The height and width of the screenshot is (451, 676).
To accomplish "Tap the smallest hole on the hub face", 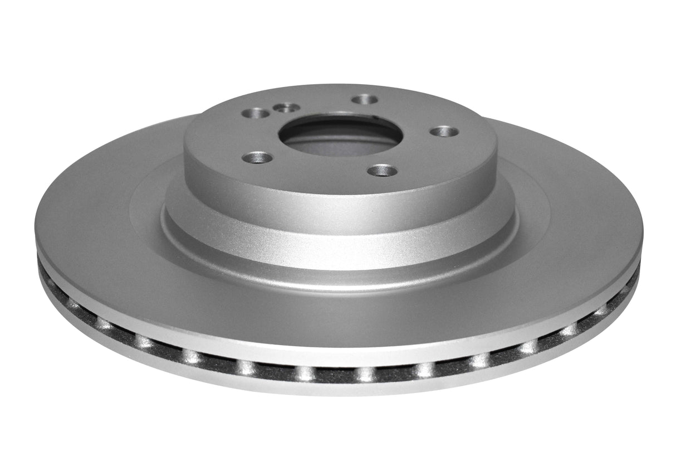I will pos(287,108).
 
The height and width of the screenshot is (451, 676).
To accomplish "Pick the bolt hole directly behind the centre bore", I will pos(365,100).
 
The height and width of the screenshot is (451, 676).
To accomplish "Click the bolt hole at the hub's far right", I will pos(445,132).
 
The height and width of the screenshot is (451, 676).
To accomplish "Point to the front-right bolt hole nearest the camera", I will pos(383,170).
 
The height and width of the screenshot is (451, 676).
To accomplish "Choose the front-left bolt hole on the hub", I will pos(259,158).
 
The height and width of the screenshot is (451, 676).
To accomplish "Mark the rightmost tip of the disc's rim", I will pos(643,234).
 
